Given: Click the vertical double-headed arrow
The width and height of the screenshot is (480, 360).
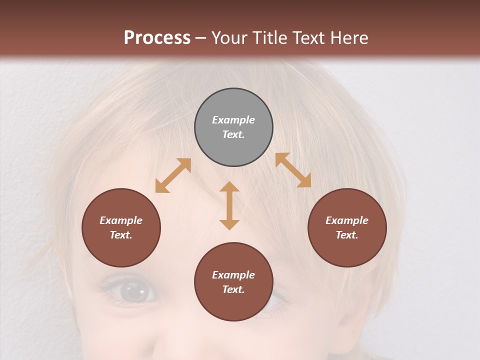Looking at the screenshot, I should click(x=229, y=205).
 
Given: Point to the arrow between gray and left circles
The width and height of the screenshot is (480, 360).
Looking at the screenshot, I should click(x=173, y=175).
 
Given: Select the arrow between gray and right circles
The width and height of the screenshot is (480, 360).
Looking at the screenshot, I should click(x=293, y=170).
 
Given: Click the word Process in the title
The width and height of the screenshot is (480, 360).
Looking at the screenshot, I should click(x=157, y=37).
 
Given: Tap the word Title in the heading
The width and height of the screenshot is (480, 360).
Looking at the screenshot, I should click(x=270, y=37).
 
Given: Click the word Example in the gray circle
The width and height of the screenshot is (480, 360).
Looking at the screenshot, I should click(x=233, y=120).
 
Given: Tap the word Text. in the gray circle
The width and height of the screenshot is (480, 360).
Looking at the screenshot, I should click(x=233, y=134).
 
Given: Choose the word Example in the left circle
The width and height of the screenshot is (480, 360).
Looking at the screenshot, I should click(x=121, y=220).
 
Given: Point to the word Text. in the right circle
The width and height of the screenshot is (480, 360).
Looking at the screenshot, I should click(x=347, y=235).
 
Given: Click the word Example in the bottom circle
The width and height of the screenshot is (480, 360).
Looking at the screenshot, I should click(x=233, y=275).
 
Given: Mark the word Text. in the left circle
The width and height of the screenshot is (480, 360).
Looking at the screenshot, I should click(x=121, y=235).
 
